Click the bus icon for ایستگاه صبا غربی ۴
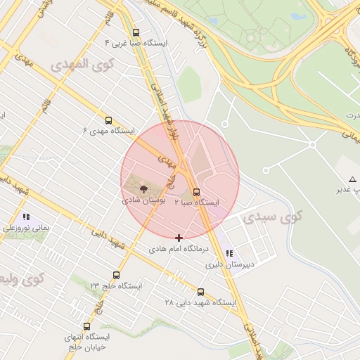[x=136, y=32]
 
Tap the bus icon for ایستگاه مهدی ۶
[x=108, y=120]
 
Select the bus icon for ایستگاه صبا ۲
[x=196, y=192]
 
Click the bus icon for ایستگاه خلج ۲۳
[x=116, y=276]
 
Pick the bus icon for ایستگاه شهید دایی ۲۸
[x=200, y=292]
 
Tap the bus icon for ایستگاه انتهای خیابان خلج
[x=86, y=326]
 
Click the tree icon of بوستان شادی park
[x=143, y=189]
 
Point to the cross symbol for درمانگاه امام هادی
[x=179, y=238]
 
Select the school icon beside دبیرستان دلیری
[x=229, y=254]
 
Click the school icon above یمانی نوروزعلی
[x=26, y=217]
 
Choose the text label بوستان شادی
[x=144, y=200]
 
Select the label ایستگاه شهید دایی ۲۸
[x=200, y=303]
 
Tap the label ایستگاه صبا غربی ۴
[x=136, y=43]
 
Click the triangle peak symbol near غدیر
[x=352, y=179]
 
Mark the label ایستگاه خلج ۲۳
[x=116, y=286]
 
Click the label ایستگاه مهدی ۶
[x=108, y=131]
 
